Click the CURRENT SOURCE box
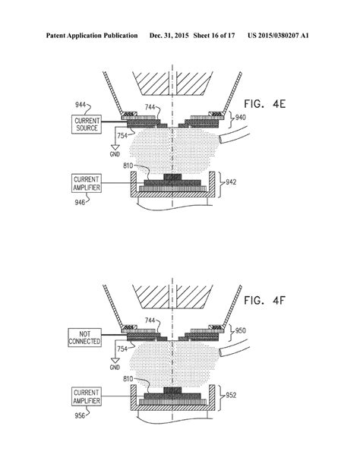coord(87,125)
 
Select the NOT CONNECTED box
coord(84,337)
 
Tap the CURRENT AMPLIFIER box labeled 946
coord(87,183)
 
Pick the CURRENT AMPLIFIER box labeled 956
coord(87,396)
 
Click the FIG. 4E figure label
coord(264,104)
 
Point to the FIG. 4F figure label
coord(264,301)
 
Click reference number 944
coord(81,105)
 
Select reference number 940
coord(241,118)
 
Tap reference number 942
coord(231,181)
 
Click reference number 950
coord(241,330)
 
